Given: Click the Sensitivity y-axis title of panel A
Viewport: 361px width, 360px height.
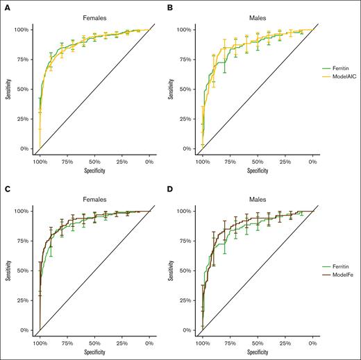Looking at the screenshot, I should pyautogui.click(x=6, y=89).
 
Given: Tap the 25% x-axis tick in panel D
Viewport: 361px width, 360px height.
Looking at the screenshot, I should pyautogui.click(x=285, y=342).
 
